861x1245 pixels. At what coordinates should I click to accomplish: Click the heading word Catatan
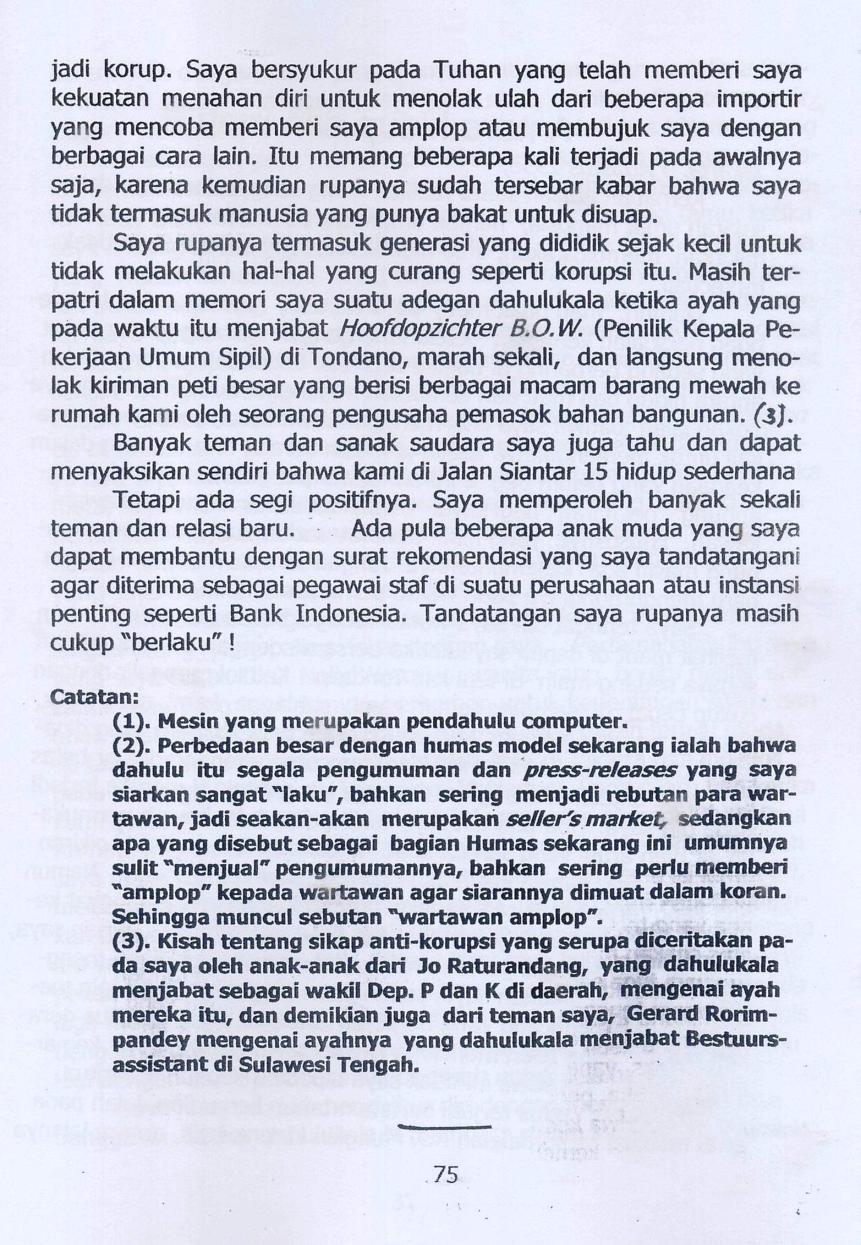[94, 696]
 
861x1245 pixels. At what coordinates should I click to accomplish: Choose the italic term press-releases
[600, 770]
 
